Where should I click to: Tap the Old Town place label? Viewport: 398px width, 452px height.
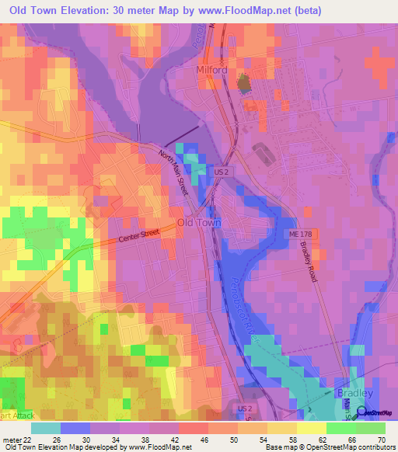pos(200,222)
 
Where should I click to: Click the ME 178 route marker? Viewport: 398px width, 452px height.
pos(288,234)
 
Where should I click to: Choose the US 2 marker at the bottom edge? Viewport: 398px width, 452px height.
pos(244,408)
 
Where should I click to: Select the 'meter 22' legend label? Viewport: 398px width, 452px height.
pos(20,440)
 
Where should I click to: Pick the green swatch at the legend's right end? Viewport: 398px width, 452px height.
pos(370,427)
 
